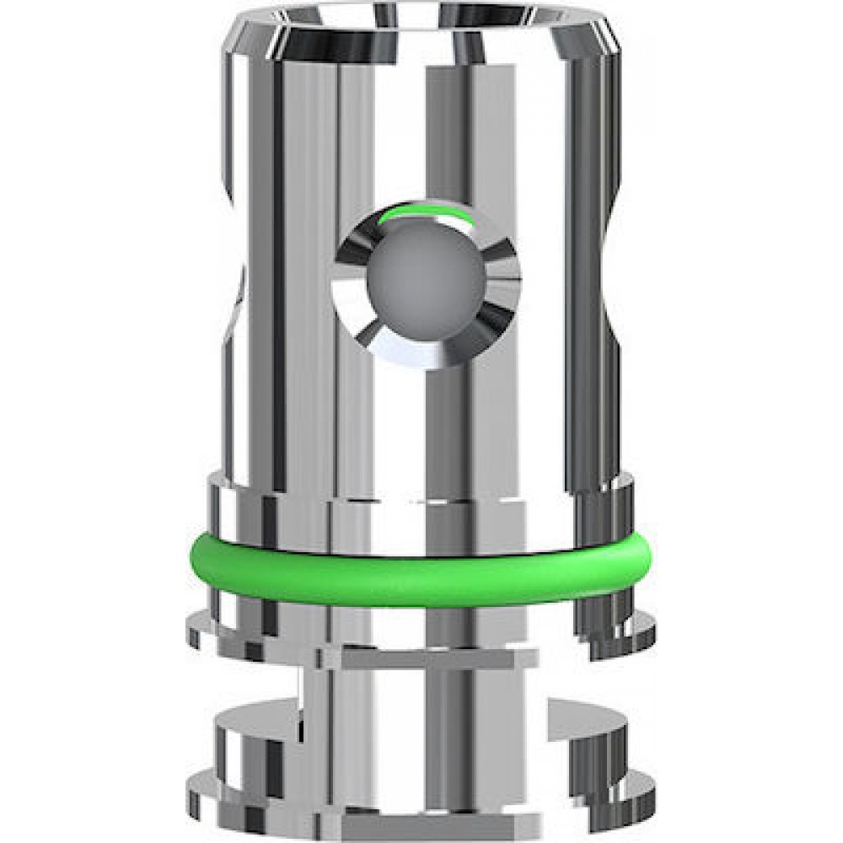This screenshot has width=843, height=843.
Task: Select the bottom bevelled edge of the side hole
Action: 426,354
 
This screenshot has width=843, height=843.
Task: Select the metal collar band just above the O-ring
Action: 421,506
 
